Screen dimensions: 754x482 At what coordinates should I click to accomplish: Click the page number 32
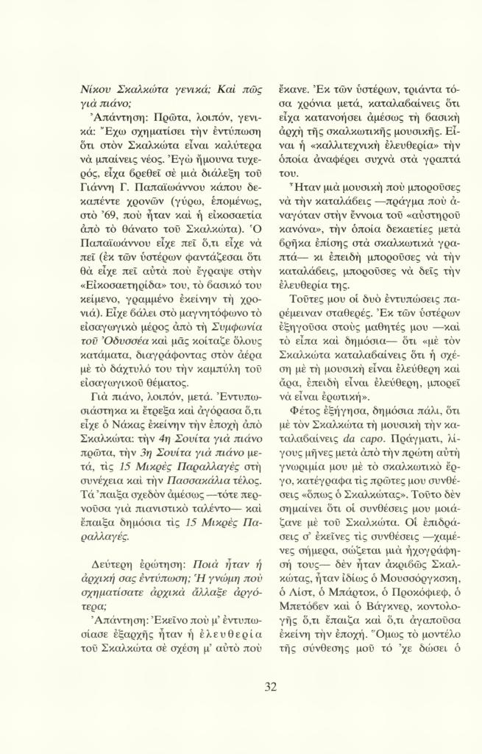coord(270,687)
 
